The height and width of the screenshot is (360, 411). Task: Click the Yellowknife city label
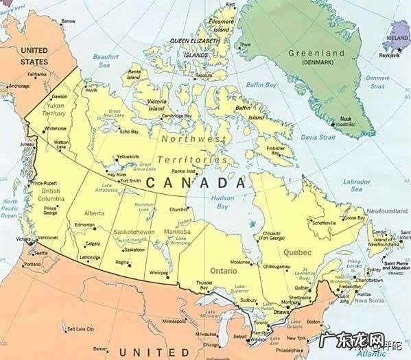[128, 156]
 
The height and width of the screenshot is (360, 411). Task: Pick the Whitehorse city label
[55, 128]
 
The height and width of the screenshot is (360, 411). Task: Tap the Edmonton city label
[85, 225]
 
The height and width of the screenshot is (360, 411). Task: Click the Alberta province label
[94, 213]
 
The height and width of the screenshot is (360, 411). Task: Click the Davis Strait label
[318, 137]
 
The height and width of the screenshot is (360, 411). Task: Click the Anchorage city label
[19, 86]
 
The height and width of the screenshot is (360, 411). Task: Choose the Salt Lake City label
[80, 330]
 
